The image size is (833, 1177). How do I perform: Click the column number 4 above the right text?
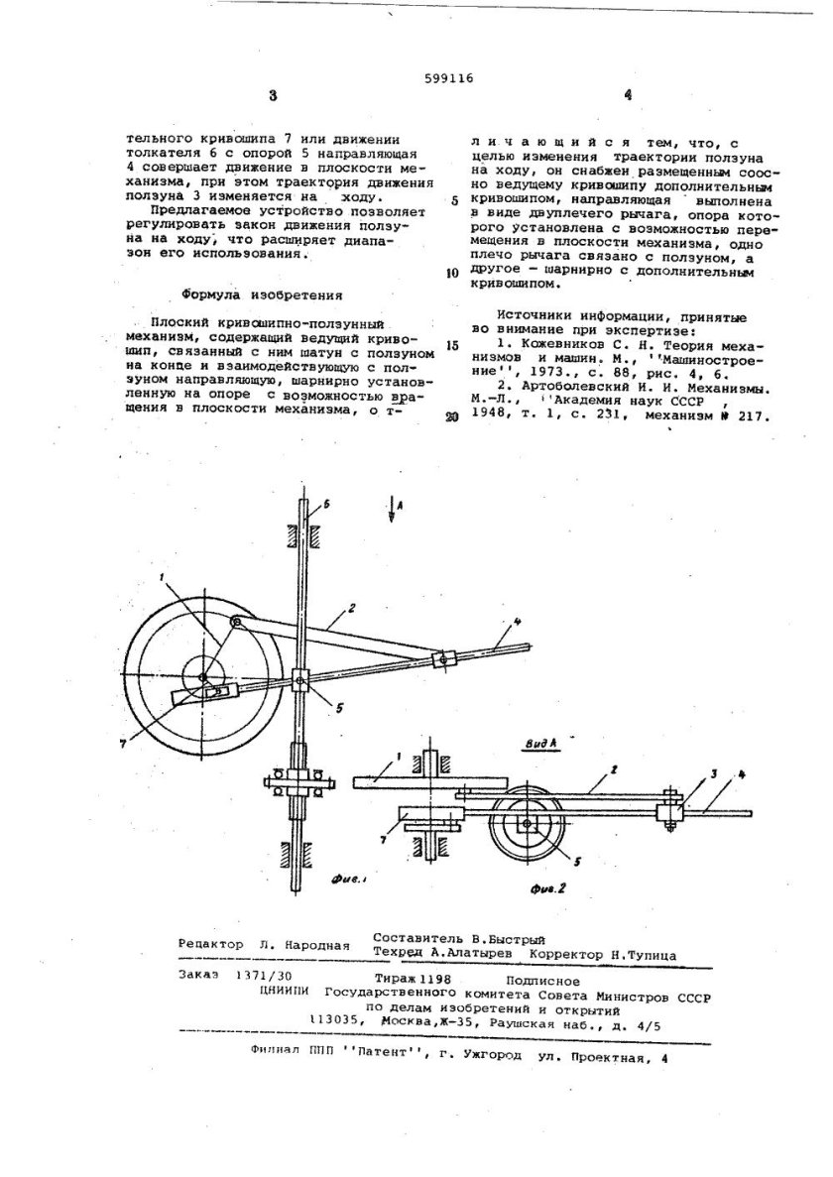[x=626, y=96]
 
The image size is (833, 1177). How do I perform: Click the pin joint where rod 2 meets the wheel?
[x=234, y=622]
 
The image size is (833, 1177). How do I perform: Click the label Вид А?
[x=543, y=742]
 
